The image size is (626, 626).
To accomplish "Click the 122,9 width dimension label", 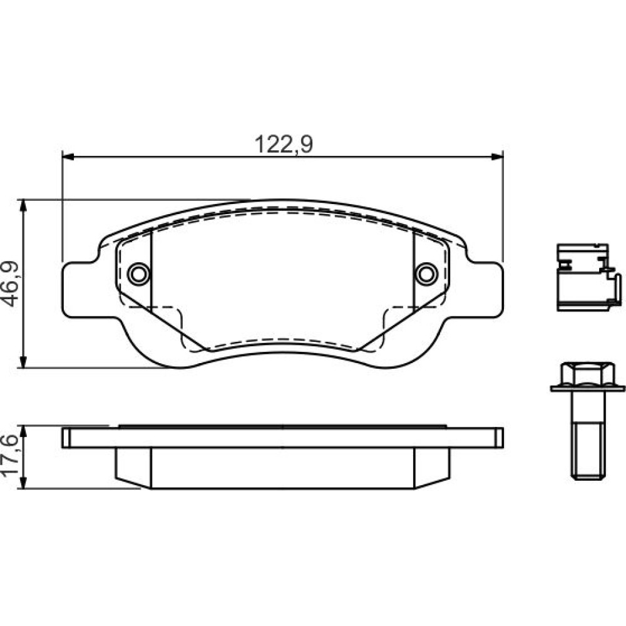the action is tap(284, 144).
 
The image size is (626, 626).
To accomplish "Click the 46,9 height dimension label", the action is tap(11, 284).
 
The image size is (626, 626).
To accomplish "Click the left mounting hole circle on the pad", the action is tap(139, 274).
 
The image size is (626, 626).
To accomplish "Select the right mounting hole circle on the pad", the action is tap(426, 274).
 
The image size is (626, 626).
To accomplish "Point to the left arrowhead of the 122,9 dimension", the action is tap(68, 156).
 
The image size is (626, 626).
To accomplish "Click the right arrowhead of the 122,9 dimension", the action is tap(497, 156).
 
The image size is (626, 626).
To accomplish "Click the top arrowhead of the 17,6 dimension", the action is tap(24, 432).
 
